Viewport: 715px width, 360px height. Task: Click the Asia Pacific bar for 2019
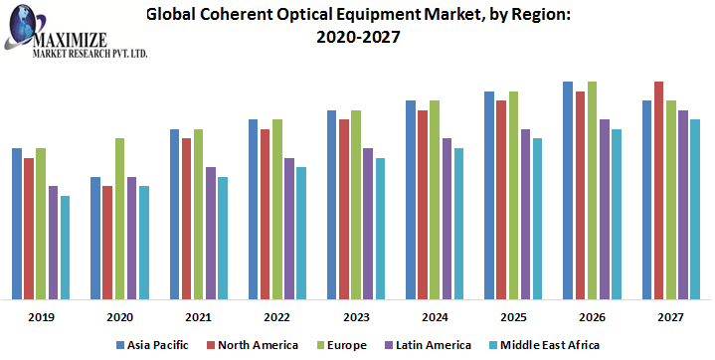point(17,223)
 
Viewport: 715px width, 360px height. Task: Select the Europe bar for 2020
point(119,218)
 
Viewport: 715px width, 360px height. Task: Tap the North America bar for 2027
point(658,189)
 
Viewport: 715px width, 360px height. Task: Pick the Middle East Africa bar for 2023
point(380,228)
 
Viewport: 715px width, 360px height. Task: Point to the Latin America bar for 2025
point(525,213)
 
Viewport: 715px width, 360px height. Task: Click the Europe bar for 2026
point(592,189)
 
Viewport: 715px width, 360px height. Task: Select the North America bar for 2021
point(186,218)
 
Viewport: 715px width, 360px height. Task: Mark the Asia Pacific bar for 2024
point(411,199)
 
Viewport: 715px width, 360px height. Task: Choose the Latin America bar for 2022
point(288,228)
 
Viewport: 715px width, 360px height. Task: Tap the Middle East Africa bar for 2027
point(695,209)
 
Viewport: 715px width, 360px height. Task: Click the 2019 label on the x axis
point(41,317)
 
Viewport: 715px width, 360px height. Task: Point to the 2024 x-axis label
point(435,317)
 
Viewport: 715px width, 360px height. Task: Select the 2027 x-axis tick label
point(671,317)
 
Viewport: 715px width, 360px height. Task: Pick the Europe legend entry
point(340,344)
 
